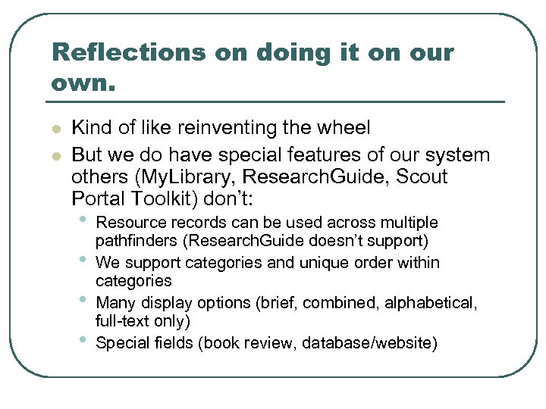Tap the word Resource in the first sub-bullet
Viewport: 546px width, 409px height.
click(131, 223)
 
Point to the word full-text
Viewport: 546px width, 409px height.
click(125, 321)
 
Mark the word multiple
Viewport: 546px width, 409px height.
click(409, 223)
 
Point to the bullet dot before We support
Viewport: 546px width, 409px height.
click(83, 261)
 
